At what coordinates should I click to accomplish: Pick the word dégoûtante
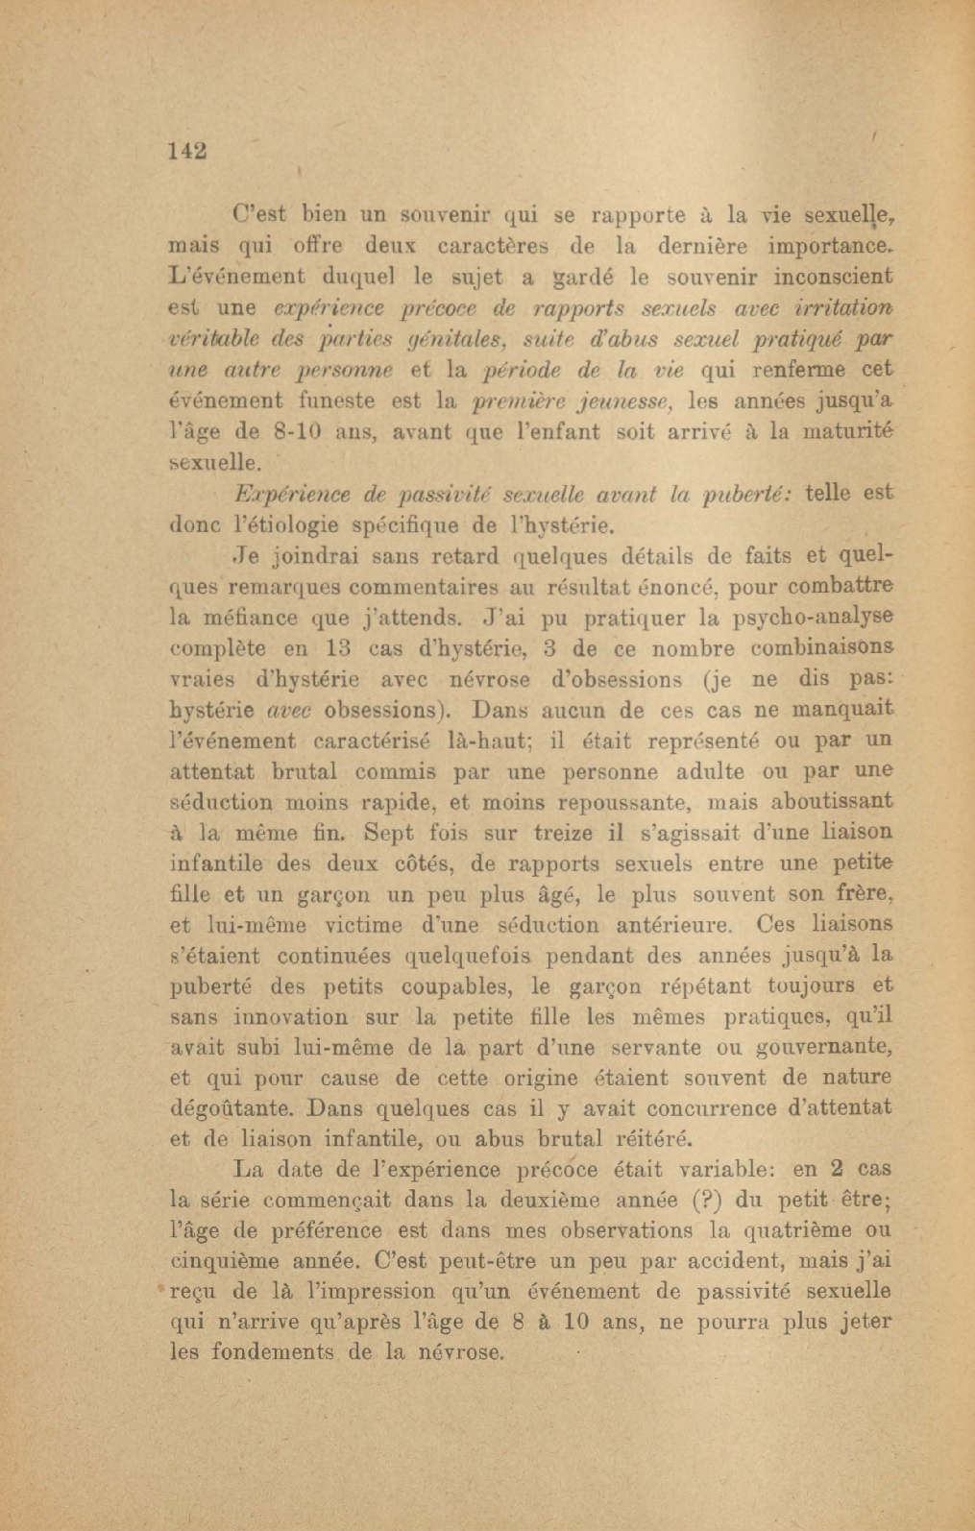(x=232, y=1109)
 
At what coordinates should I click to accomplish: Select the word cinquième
(x=227, y=1262)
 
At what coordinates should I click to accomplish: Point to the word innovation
(x=292, y=1017)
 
